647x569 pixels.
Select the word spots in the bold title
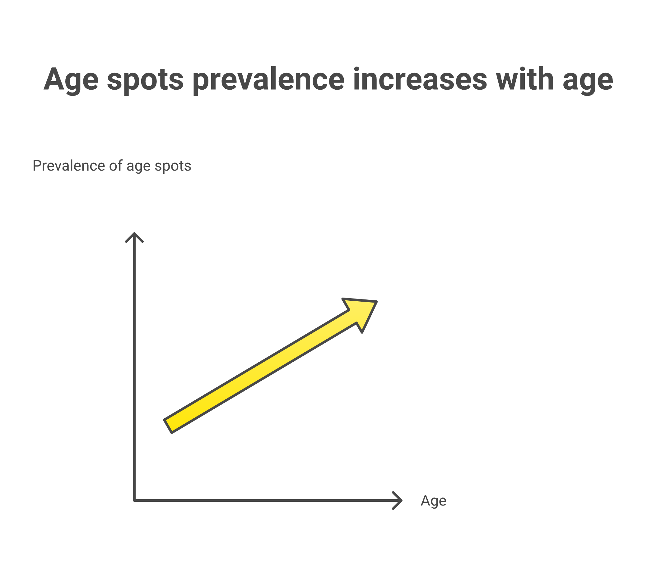[145, 80]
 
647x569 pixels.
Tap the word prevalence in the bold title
[268, 80]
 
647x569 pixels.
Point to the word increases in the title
[420, 79]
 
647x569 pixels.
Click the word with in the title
[525, 79]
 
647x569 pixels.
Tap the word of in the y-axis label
[115, 166]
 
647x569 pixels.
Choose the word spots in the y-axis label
[173, 166]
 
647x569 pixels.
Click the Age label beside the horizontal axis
[433, 501]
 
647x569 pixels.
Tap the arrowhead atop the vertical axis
[134, 237]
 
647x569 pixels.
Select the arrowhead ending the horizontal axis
[398, 501]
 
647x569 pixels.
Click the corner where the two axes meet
[134, 501]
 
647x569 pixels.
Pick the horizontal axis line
[263, 501]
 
